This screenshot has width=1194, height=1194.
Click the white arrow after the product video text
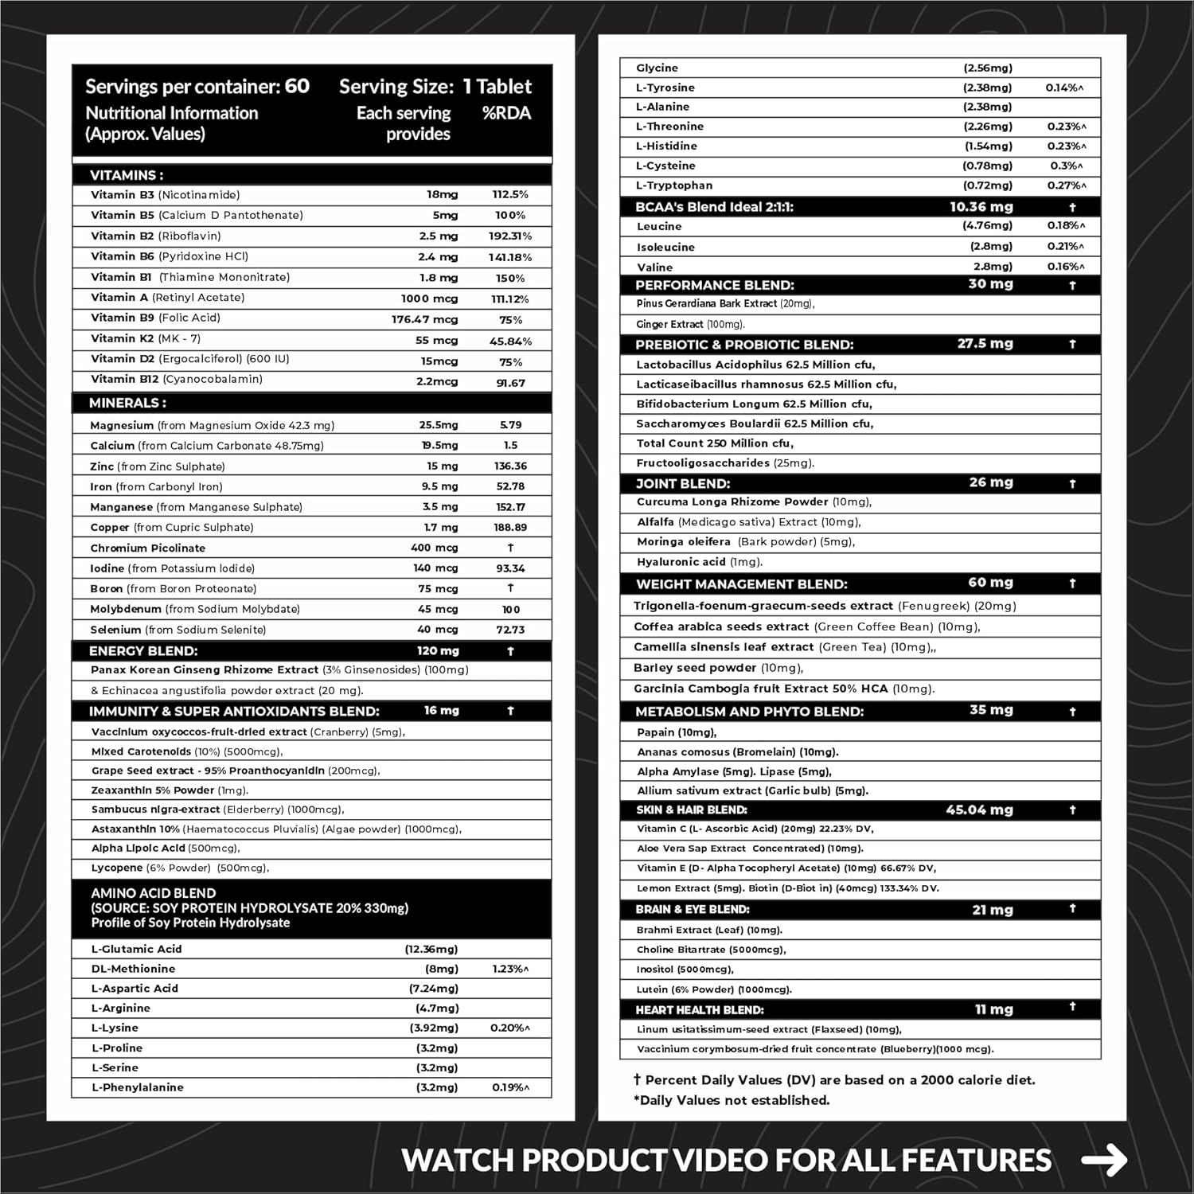click(x=1104, y=1159)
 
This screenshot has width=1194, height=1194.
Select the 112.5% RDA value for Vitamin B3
click(x=510, y=195)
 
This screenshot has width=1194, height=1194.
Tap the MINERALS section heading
click(x=127, y=403)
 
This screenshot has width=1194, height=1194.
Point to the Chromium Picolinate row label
click(x=147, y=548)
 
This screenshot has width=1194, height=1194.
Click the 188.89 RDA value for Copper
click(x=510, y=527)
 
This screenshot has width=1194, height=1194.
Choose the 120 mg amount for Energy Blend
click(x=438, y=650)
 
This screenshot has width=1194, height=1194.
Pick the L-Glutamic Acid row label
click(x=136, y=949)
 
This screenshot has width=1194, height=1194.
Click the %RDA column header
click(x=506, y=113)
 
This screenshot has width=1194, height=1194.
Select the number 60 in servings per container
click(x=297, y=86)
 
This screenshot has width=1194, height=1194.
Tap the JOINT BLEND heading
click(x=682, y=483)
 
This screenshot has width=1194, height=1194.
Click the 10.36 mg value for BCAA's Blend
click(x=981, y=207)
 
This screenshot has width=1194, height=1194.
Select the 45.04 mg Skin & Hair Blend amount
click(x=979, y=810)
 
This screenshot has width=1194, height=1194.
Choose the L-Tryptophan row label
click(x=673, y=185)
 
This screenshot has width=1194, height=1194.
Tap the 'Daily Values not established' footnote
click(x=732, y=1100)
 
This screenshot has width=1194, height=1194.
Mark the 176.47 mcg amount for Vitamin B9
click(x=424, y=319)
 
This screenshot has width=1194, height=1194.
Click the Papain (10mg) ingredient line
click(x=677, y=732)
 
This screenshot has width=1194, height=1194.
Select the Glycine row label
click(x=657, y=68)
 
